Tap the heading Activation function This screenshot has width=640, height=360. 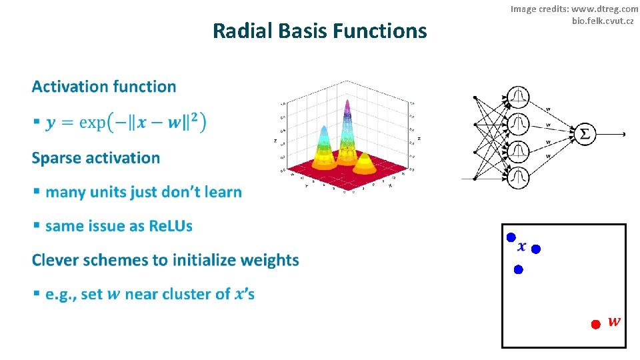click(104, 87)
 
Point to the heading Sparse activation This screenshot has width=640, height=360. click(96, 158)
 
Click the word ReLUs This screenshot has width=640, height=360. click(171, 226)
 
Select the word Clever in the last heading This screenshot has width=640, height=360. click(56, 260)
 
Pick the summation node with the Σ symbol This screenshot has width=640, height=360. click(585, 133)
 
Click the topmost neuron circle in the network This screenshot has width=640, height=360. click(518, 98)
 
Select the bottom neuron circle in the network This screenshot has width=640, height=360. click(518, 177)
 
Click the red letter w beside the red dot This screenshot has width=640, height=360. click(614, 322)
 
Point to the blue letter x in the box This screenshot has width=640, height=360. click(521, 247)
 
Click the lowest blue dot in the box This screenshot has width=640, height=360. click(518, 269)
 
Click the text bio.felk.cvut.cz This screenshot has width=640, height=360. click(602, 21)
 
